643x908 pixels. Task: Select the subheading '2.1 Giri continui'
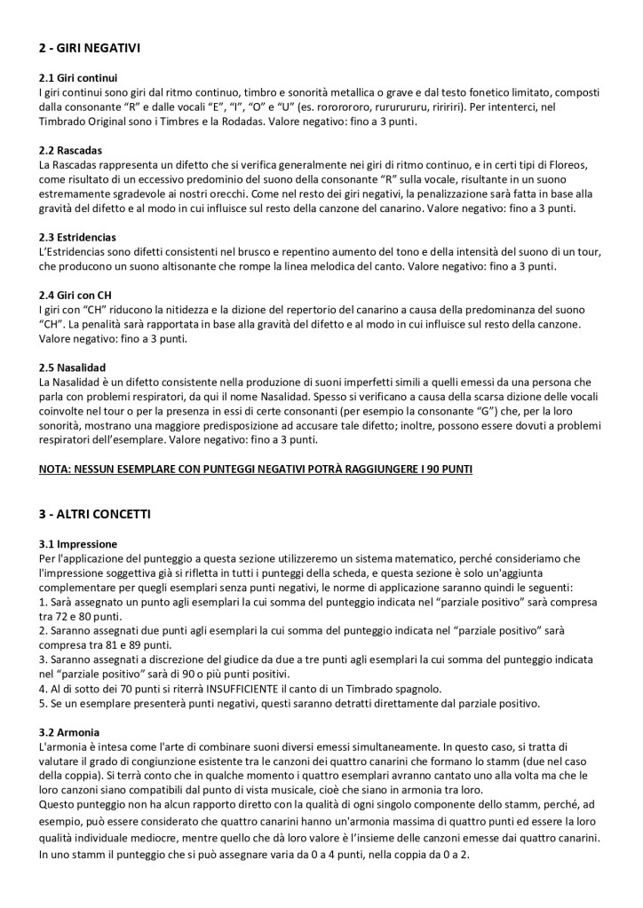[78, 77]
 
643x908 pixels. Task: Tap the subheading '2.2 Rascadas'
[70, 150]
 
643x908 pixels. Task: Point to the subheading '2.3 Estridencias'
[78, 237]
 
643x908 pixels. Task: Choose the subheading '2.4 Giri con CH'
[77, 295]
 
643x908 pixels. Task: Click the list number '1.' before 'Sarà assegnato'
[44, 602]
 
